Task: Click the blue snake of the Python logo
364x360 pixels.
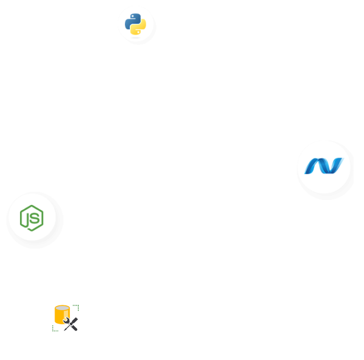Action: pyautogui.click(x=132, y=20)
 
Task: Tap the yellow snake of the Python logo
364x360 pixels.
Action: pyautogui.click(x=140, y=28)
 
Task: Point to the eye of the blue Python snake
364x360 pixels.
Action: pyautogui.click(x=132, y=16)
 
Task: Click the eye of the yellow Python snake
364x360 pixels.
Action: pyautogui.click(x=139, y=32)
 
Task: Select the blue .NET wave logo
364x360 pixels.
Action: pyautogui.click(x=324, y=166)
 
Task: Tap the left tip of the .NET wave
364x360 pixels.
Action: pyautogui.click(x=306, y=172)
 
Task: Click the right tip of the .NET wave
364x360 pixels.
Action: pyautogui.click(x=342, y=160)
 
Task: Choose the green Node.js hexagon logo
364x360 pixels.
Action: pyautogui.click(x=32, y=218)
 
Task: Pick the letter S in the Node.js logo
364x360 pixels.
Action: pyautogui.click(x=35, y=218)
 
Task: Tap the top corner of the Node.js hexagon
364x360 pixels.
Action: pyautogui.click(x=32, y=205)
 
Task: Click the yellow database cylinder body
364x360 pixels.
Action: pyautogui.click(x=59, y=317)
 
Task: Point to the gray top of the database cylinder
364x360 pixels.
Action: pyautogui.click(x=62, y=308)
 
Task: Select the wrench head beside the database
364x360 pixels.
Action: pyautogui.click(x=67, y=321)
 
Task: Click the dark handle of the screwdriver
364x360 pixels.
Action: pyautogui.click(x=75, y=320)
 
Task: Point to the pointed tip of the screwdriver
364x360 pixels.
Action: pyautogui.click(x=65, y=330)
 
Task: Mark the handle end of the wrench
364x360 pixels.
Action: pyautogui.click(x=75, y=328)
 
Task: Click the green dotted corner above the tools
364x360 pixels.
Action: pyautogui.click(x=77, y=307)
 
